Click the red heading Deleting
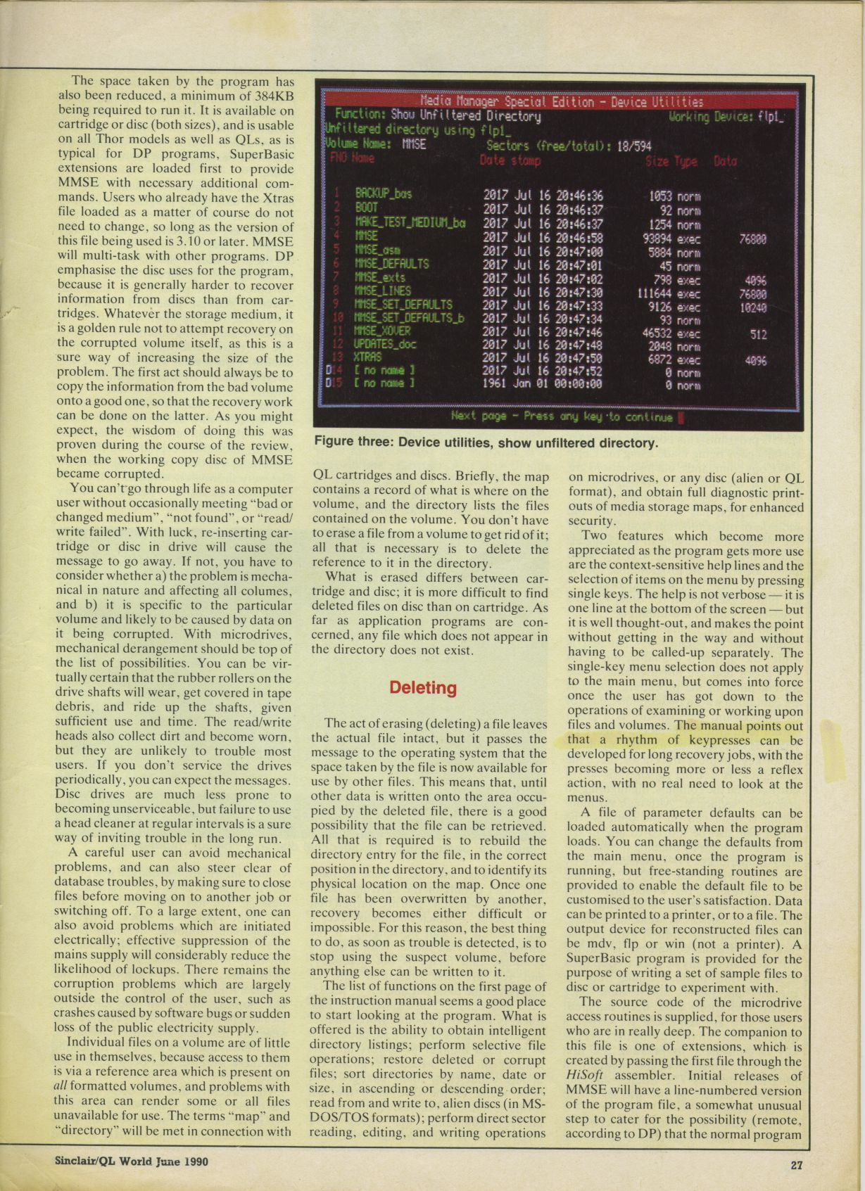coord(423,687)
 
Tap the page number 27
coord(796,1164)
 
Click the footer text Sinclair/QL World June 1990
coord(132,1161)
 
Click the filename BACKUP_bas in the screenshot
coord(383,193)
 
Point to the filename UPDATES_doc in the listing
coord(386,345)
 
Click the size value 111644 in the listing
coord(654,293)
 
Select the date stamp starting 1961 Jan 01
coord(542,384)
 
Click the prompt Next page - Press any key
coord(562,416)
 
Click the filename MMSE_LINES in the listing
coord(383,291)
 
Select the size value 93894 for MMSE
coord(657,238)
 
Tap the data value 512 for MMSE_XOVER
coord(758,334)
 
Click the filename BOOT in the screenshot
coord(366,208)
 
